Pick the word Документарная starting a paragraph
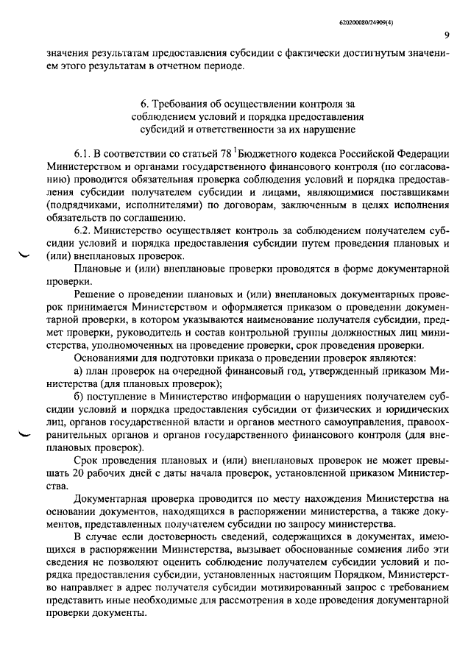pos(109,500)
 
